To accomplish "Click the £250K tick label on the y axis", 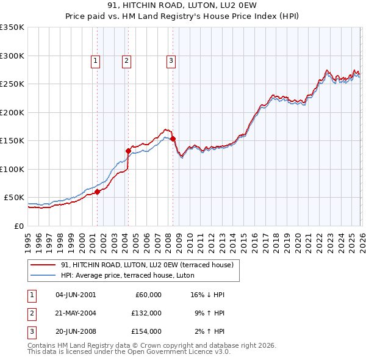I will [x=12, y=84].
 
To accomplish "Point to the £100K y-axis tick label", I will [x=12, y=169].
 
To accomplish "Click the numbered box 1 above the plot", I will [x=96, y=60].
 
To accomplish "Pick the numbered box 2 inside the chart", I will [x=126, y=60].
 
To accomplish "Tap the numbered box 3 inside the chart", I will [x=171, y=60].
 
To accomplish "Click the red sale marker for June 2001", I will [x=97, y=192].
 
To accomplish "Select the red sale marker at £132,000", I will [x=129, y=151].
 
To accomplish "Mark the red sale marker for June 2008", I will [x=173, y=139].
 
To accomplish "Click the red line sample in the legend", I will [x=43, y=265].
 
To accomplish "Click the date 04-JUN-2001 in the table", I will [x=76, y=295].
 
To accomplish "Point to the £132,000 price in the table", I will [x=146, y=313].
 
